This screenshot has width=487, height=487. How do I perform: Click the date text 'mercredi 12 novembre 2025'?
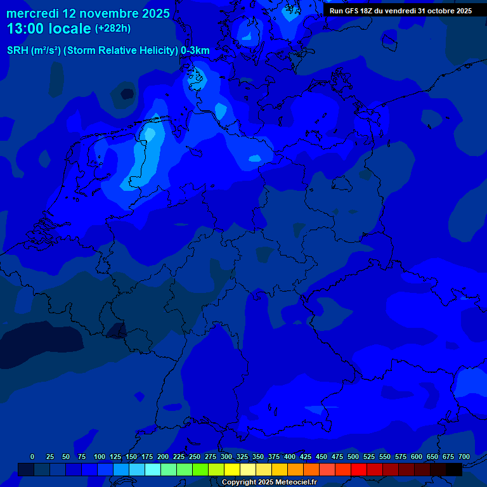[x=88, y=13]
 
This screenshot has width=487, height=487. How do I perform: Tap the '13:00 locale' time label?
[x=49, y=29]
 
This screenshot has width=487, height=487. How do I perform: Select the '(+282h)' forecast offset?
[x=113, y=29]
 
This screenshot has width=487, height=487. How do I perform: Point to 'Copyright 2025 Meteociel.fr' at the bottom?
[x=269, y=482]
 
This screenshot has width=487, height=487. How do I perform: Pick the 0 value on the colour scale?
[x=32, y=457]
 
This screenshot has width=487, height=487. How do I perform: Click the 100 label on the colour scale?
[x=100, y=457]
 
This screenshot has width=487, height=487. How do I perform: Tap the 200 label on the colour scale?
[x=163, y=457]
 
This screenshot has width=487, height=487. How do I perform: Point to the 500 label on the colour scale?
[x=353, y=457]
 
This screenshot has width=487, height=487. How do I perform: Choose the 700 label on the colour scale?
[x=464, y=457]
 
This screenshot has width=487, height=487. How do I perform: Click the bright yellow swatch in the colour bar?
[x=232, y=469]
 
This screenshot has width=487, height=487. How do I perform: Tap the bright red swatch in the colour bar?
[x=359, y=469]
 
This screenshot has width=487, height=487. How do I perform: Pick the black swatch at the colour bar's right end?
[x=454, y=469]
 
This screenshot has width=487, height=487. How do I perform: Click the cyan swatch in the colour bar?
[x=153, y=469]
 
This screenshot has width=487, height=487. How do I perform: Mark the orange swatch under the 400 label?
[x=295, y=469]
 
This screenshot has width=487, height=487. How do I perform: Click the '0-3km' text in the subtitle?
[x=195, y=50]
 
